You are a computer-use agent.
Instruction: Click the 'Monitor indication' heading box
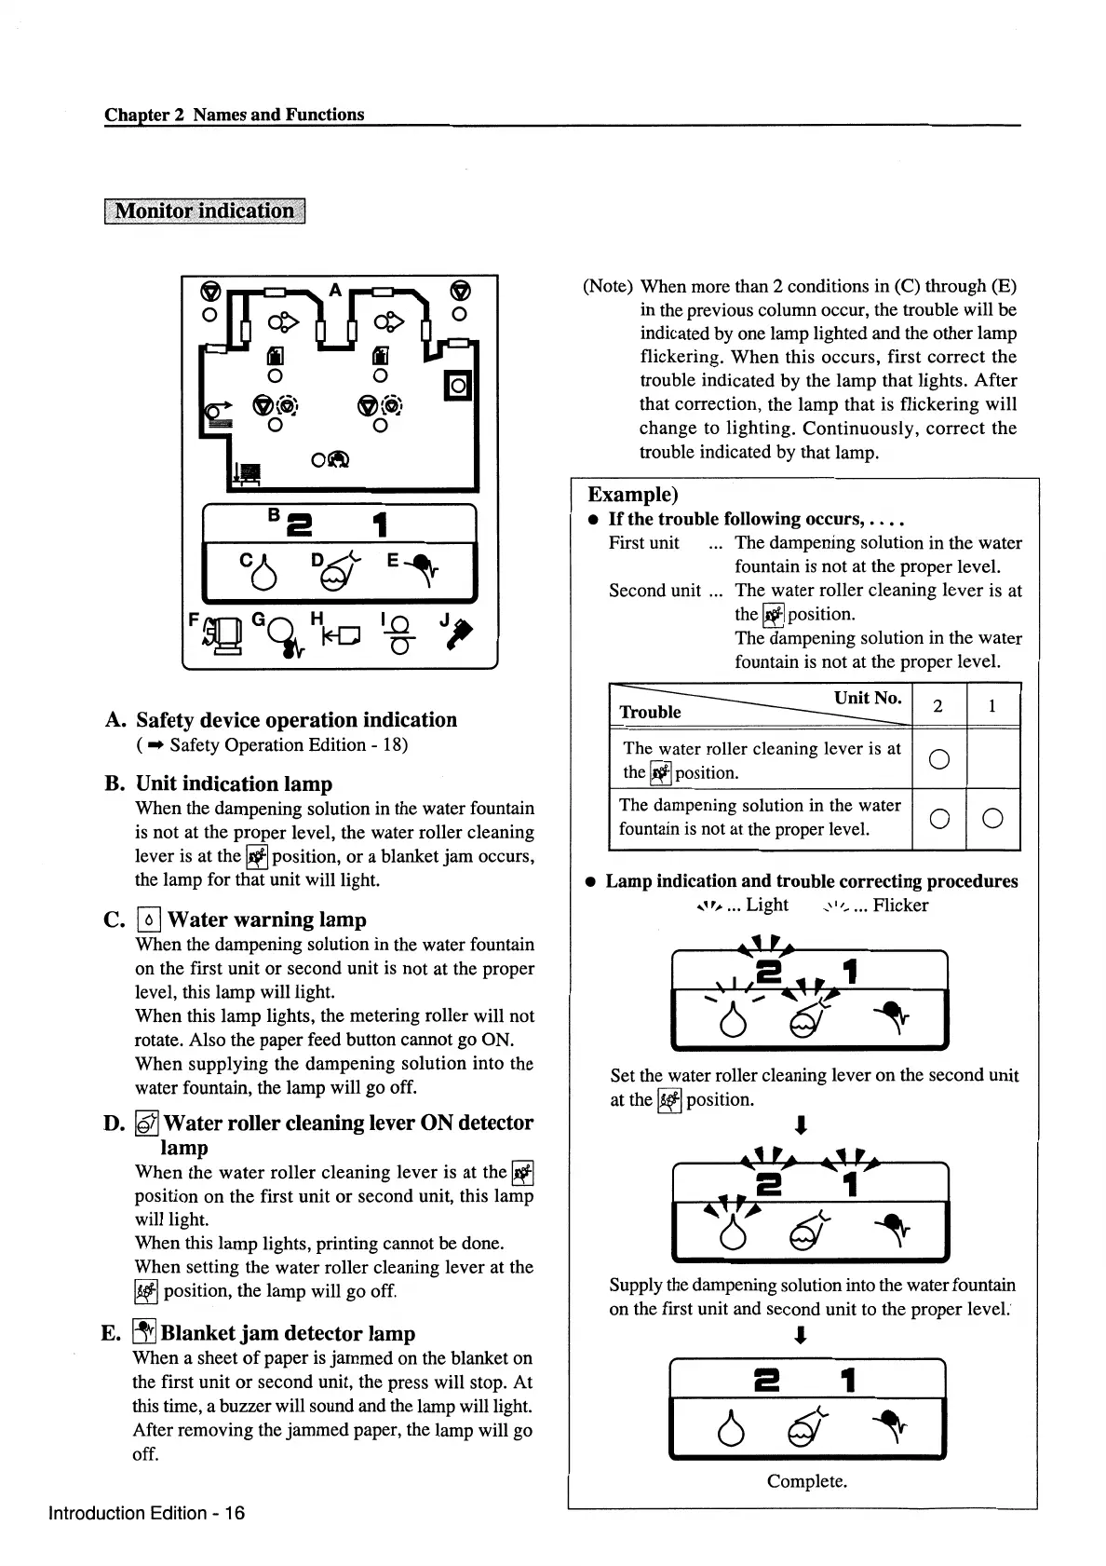pyautogui.click(x=204, y=211)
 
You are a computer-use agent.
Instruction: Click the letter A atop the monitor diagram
pyautogui.click(x=335, y=290)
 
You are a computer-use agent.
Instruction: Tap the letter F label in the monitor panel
pyautogui.click(x=194, y=619)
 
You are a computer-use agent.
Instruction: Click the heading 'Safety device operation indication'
pyautogui.click(x=296, y=720)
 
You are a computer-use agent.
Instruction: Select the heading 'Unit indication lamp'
pyautogui.click(x=234, y=783)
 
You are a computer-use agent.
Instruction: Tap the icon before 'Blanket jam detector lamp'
pyautogui.click(x=143, y=1333)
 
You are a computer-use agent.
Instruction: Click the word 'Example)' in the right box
pyautogui.click(x=633, y=495)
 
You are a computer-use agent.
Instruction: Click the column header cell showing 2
pyautogui.click(x=938, y=706)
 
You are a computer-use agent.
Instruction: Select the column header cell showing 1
pyautogui.click(x=992, y=706)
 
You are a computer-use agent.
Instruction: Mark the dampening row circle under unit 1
pyautogui.click(x=992, y=818)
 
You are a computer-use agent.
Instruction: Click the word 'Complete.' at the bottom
pyautogui.click(x=806, y=1481)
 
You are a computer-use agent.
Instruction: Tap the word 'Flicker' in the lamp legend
pyautogui.click(x=900, y=906)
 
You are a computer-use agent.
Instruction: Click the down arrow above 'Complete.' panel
pyautogui.click(x=800, y=1337)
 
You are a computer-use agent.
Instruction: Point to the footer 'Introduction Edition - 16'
pyautogui.click(x=147, y=1513)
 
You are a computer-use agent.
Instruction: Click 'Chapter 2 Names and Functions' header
pyautogui.click(x=235, y=115)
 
